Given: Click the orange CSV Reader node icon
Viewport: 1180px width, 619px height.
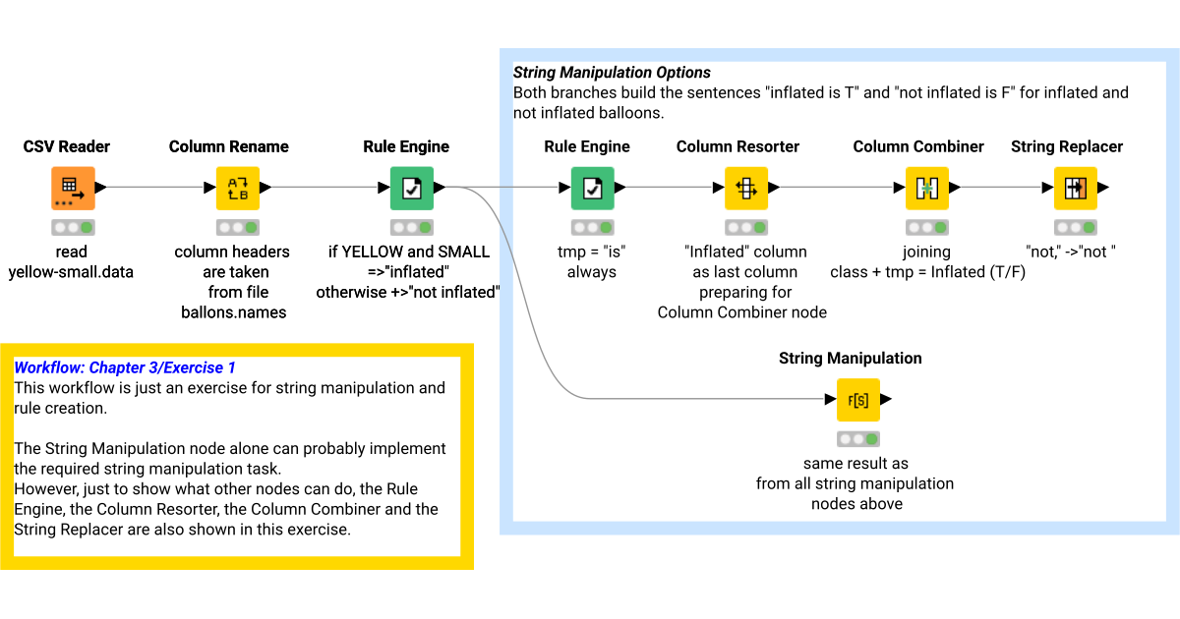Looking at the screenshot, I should [73, 188].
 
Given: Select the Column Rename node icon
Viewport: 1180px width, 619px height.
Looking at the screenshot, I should [238, 188].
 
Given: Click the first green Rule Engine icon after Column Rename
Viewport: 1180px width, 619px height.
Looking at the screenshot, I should [411, 188].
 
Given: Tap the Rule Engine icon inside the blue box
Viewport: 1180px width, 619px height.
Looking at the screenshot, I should [592, 188].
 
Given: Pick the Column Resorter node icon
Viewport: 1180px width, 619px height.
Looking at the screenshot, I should [745, 188].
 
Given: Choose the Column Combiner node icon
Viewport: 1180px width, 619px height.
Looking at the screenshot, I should [926, 188].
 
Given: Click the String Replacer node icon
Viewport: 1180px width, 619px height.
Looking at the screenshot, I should [1075, 188].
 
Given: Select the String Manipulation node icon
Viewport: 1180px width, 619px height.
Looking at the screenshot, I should [857, 400].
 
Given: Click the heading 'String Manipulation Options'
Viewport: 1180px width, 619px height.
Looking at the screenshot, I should [612, 73].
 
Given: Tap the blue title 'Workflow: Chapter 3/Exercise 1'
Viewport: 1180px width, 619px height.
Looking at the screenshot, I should [125, 367].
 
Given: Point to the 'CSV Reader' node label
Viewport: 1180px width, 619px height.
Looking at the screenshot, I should [67, 146].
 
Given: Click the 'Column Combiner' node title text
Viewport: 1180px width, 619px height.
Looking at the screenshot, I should [918, 146].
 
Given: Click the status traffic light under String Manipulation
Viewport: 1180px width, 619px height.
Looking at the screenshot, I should [857, 439].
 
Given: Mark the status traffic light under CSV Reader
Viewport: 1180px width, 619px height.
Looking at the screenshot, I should [73, 227].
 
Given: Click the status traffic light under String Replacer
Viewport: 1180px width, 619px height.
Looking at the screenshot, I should [1075, 227].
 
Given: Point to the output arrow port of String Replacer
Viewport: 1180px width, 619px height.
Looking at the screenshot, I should [1104, 188].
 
